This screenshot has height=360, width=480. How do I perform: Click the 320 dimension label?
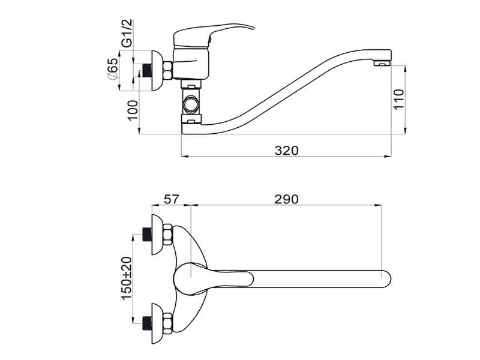pyautogui.click(x=286, y=151)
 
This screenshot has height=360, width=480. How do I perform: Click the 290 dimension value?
pyautogui.click(x=286, y=199)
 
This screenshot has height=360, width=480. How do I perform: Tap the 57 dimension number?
pyautogui.click(x=171, y=199)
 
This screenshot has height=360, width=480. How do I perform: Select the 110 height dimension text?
pyautogui.click(x=399, y=99)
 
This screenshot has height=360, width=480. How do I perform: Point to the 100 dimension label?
pyautogui.click(x=133, y=110)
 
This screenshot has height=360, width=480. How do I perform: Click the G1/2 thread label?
pyautogui.click(x=127, y=33)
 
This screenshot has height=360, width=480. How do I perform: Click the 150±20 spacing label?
pyautogui.click(x=127, y=278)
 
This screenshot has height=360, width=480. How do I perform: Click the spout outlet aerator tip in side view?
pyautogui.click(x=382, y=63)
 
